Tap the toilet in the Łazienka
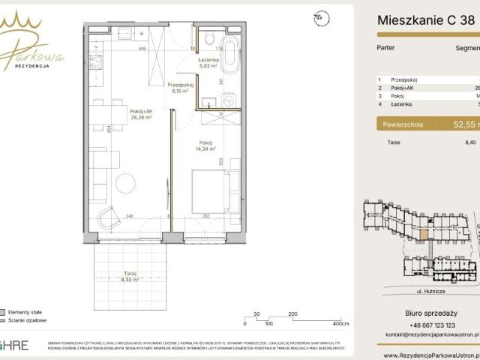click(x=210, y=38)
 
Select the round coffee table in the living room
click(x=124, y=182)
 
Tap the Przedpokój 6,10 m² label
click(x=181, y=88)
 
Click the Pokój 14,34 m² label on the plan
click(x=208, y=145)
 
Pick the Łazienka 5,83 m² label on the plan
click(x=208, y=63)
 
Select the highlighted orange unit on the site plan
click(x=424, y=234)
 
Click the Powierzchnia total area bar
click(x=427, y=125)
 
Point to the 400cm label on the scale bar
click(x=340, y=324)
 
